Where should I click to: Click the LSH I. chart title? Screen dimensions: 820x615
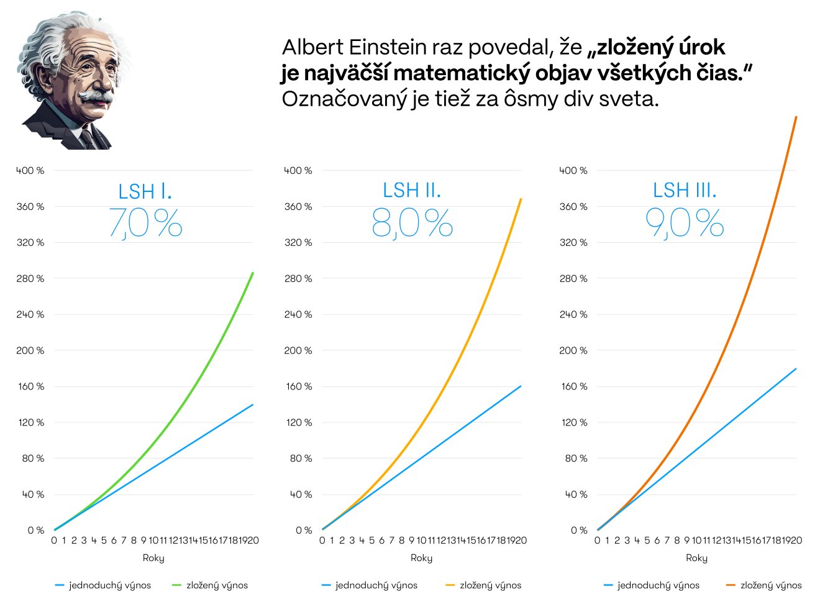coord(145,191)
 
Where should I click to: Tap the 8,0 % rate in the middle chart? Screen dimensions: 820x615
coord(412,223)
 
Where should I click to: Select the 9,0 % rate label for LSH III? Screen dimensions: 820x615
coord(685,223)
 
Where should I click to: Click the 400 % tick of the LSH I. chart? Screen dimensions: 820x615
coord(30,171)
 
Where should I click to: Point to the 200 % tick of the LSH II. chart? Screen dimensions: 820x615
coord(298,350)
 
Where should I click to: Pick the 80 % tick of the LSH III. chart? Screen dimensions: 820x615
coord(576,458)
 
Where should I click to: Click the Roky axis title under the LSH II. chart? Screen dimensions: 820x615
coord(421,558)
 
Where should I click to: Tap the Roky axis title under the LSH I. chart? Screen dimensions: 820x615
coord(153,558)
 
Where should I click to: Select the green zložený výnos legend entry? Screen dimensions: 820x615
coord(209,585)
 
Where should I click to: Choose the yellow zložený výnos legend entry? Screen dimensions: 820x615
coord(483,585)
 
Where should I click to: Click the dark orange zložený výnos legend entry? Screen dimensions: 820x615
coord(764,585)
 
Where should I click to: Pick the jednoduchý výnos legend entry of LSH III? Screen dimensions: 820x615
coord(652,585)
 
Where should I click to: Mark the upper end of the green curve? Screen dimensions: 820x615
coord(253,273)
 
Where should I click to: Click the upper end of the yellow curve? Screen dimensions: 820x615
coord(521,199)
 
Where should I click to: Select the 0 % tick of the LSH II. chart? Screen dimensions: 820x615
coord(304,531)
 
